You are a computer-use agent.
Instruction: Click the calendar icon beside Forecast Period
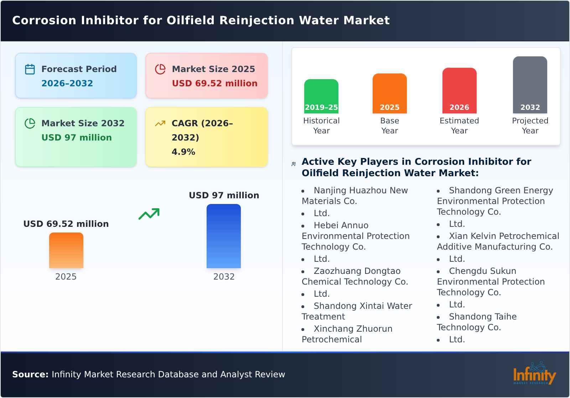(30, 69)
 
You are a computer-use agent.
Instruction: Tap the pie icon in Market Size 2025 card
(160, 69)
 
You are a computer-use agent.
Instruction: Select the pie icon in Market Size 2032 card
(30, 123)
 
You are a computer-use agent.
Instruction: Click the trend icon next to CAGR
(160, 123)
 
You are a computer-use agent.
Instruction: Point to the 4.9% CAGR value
(183, 152)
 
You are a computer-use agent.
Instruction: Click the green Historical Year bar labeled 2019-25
(321, 96)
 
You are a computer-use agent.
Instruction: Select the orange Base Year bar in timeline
(389, 93)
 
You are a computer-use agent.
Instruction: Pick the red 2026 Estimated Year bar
(459, 91)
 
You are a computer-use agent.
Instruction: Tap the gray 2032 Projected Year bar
(530, 85)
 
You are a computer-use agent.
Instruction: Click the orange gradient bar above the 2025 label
(66, 250)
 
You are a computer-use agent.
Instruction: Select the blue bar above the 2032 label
(224, 236)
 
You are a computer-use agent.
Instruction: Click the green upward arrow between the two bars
(149, 214)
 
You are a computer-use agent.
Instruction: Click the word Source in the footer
(30, 374)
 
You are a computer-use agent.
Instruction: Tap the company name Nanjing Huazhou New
(361, 190)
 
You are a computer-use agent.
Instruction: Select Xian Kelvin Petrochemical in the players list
(504, 236)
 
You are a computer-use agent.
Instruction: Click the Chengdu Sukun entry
(482, 271)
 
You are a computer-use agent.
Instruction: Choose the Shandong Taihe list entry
(482, 317)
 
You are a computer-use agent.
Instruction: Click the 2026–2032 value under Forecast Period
(67, 83)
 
